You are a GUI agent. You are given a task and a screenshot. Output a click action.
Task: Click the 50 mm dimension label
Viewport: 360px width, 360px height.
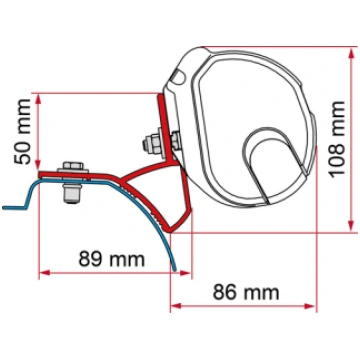click(x=23, y=131)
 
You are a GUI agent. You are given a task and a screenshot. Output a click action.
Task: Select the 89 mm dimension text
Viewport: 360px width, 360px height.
click(x=112, y=259)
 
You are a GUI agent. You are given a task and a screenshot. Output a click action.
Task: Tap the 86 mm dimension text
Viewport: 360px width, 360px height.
click(x=246, y=292)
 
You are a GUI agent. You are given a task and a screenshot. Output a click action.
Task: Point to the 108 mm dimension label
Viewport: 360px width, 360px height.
click(x=336, y=139)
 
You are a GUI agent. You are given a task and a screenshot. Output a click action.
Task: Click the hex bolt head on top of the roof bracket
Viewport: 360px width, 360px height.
click(x=73, y=167)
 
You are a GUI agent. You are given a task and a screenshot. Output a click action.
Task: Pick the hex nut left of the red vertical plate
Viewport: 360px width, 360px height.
click(x=152, y=144)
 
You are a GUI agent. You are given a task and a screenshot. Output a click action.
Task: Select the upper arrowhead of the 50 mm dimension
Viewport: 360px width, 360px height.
click(x=38, y=99)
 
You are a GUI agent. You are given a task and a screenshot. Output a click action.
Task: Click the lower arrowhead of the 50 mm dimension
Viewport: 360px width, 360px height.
click(x=38, y=165)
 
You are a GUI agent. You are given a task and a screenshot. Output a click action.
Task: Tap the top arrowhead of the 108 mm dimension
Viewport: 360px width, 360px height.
click(x=351, y=53)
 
